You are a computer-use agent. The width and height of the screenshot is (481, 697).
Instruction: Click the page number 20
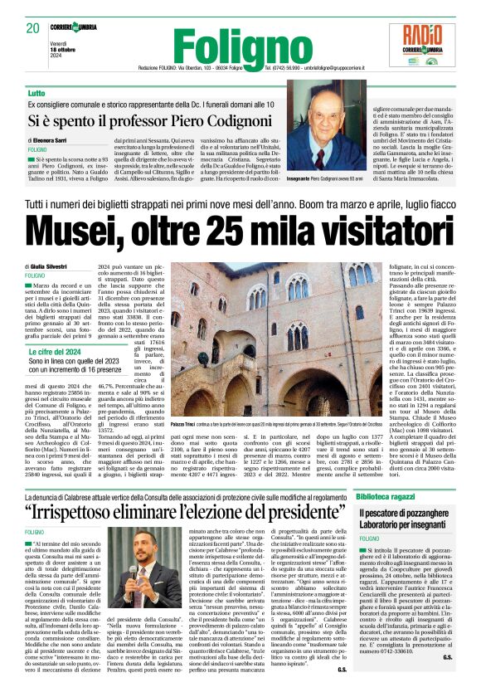click(32, 28)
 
